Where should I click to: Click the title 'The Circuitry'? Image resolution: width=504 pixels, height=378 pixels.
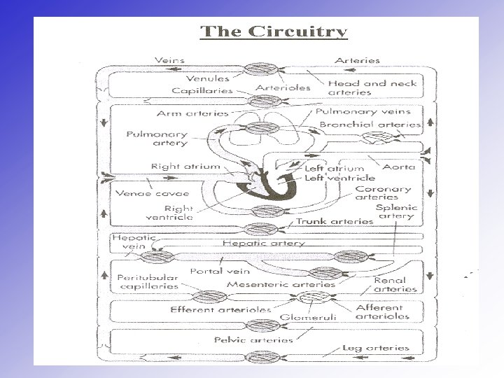point(274,32)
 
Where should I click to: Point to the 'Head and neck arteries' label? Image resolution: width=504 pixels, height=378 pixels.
point(372,87)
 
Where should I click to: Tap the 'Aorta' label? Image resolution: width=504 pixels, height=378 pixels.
point(399,167)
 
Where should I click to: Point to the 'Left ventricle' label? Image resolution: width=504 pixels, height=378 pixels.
point(339,178)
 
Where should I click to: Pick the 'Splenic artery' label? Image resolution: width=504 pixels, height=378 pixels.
point(397,212)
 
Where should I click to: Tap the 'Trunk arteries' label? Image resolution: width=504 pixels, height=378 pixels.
point(335,220)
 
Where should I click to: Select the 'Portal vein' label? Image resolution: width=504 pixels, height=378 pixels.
point(215,271)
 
